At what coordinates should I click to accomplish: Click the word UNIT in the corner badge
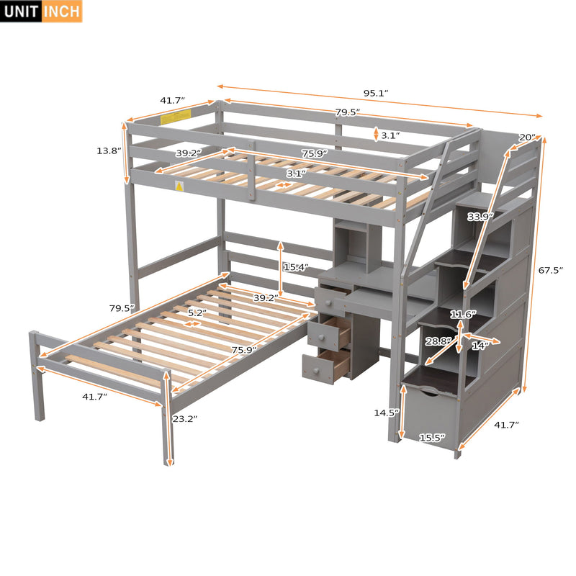[x=20, y=11]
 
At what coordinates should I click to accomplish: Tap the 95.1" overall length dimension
[x=375, y=93]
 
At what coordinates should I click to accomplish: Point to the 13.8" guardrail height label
[x=109, y=151]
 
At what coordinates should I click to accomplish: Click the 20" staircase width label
[x=527, y=138]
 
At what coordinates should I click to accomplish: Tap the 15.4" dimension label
[x=296, y=267]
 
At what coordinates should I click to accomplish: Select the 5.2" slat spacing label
[x=197, y=312]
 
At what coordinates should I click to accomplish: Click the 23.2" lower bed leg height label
[x=185, y=418]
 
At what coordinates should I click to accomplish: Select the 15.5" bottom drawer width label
[x=433, y=437]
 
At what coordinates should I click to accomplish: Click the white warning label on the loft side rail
[x=178, y=186]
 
